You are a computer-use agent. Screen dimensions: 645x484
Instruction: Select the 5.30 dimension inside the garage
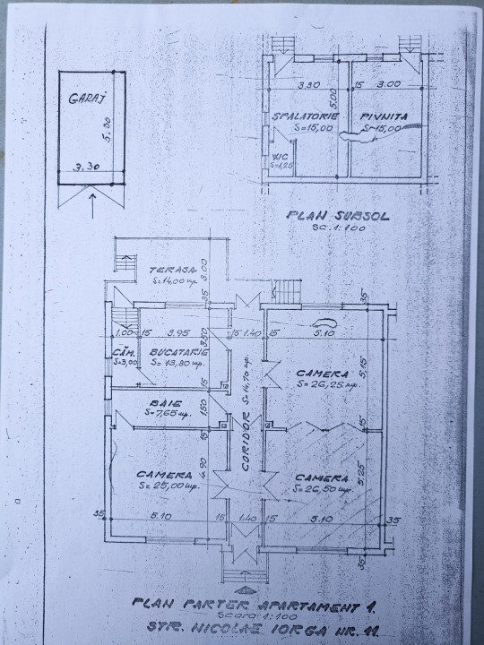click(107, 133)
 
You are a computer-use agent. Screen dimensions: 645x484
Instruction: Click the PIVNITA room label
click(380, 117)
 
